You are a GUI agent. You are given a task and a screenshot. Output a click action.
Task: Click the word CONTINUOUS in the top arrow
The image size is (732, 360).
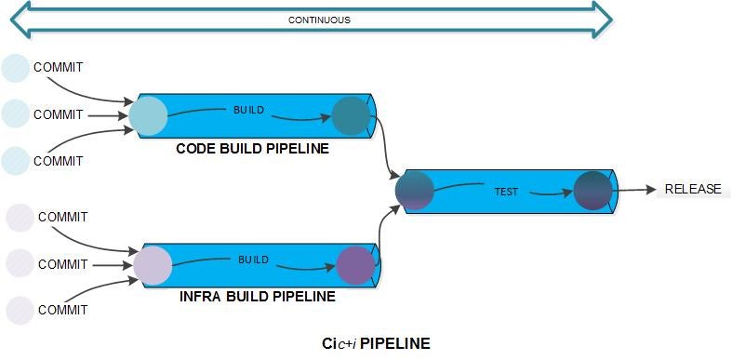click(x=319, y=20)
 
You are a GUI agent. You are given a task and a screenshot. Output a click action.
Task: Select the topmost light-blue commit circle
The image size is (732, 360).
click(x=16, y=68)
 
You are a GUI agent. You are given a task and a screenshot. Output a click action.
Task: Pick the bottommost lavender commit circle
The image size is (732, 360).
click(x=20, y=310)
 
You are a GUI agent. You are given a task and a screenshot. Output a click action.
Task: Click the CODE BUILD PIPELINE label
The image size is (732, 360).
click(x=252, y=148)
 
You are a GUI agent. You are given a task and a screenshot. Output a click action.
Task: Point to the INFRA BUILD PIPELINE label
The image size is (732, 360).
click(x=257, y=297)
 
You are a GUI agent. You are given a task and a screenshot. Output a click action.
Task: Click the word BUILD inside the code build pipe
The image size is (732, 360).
click(x=248, y=110)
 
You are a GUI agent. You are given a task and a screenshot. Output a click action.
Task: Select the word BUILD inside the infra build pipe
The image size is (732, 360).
click(x=253, y=259)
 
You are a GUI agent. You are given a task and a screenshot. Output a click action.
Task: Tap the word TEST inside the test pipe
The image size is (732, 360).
click(x=506, y=192)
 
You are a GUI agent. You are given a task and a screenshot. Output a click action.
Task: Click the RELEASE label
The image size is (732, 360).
click(x=692, y=189)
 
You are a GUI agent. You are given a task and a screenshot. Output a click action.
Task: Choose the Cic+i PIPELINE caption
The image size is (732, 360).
click(x=376, y=343)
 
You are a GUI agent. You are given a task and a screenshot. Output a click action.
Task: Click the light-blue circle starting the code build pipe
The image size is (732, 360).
click(x=148, y=116)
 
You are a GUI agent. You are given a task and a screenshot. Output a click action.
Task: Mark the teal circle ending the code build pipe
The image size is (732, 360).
click(x=351, y=116)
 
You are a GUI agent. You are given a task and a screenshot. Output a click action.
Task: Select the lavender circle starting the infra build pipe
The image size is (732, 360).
click(x=153, y=265)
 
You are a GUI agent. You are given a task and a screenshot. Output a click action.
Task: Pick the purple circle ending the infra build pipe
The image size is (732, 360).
click(x=355, y=265)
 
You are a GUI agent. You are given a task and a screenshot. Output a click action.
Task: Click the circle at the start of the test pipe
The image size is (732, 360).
click(x=415, y=191)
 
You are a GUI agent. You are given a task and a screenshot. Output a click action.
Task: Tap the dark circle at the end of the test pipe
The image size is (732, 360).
click(x=592, y=191)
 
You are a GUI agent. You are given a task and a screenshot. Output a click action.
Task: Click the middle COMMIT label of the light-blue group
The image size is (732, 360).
click(x=58, y=114)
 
